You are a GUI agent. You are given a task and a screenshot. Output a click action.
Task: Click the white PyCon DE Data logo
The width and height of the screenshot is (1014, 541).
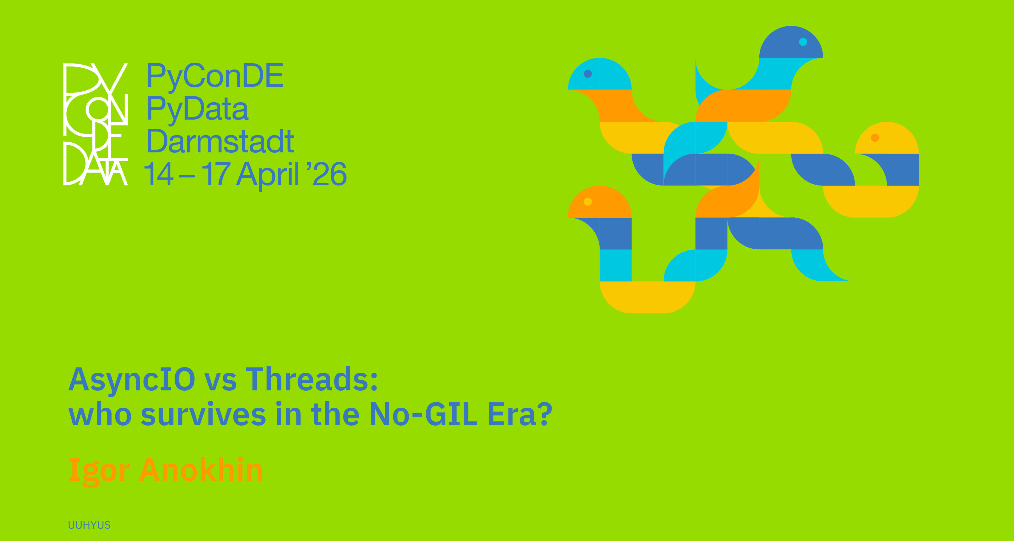click(x=96, y=124)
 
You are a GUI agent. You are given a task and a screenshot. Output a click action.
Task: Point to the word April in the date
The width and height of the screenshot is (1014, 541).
click(x=268, y=175)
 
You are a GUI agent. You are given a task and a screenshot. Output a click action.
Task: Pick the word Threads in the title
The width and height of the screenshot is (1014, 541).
click(x=312, y=379)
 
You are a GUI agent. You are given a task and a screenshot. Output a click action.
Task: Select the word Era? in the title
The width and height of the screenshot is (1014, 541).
click(x=520, y=414)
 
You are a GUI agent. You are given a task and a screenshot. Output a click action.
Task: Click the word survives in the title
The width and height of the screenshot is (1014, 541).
click(x=203, y=414)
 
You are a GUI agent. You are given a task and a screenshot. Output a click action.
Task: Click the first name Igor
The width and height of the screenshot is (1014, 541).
click(x=99, y=471)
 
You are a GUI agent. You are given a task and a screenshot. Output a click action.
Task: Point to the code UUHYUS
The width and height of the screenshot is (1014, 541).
click(x=89, y=525)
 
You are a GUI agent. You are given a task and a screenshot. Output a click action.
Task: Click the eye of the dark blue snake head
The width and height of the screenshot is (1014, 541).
click(x=803, y=42)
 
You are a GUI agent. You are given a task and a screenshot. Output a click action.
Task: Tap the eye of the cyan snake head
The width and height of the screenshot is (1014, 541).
click(x=588, y=74)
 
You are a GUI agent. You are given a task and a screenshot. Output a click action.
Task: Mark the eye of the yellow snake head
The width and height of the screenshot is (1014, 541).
click(x=875, y=137)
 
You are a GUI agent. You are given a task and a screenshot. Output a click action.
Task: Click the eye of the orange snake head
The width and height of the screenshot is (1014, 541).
click(x=588, y=202)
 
